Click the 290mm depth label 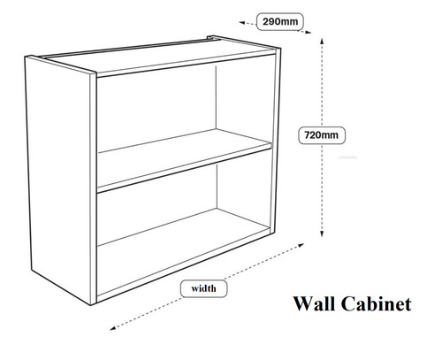point(280,21)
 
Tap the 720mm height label point(322,135)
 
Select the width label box point(203,288)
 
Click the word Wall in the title point(315,303)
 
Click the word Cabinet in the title point(377,303)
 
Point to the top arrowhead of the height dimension point(322,41)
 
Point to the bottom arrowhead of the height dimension point(322,234)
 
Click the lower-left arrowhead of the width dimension point(113,328)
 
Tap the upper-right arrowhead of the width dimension point(301,245)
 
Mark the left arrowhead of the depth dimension point(241,22)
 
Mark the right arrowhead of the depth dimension point(308,33)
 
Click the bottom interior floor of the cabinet point(183,249)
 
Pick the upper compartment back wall point(156,109)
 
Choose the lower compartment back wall point(157,203)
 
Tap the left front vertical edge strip point(93,188)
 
